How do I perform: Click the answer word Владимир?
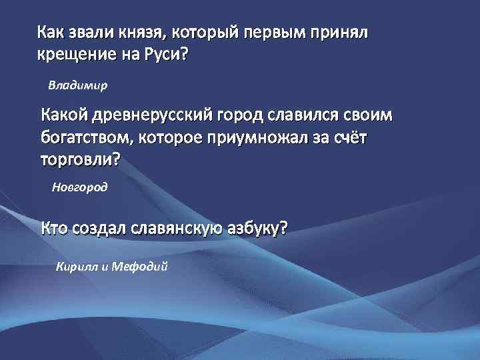79,86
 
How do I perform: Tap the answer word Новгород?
79,188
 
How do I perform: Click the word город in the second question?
245,116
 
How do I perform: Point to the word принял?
343,33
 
